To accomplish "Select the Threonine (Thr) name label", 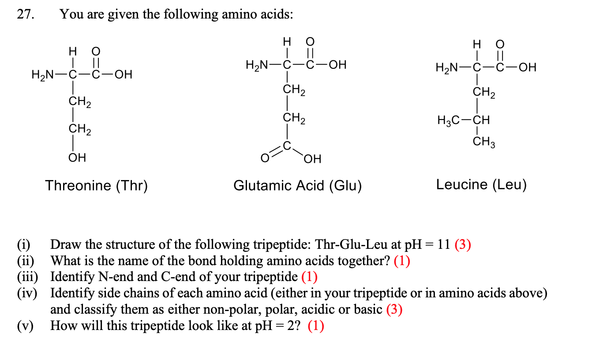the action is pos(96,185).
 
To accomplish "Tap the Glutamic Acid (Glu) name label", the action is pos(297,185).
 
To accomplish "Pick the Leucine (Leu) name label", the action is pos(481,184).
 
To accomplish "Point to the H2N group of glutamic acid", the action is pos(257,66).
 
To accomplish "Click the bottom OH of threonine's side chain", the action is pos(77,157).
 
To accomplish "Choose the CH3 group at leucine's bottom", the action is pos(483,142).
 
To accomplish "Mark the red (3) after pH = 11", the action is pos(463,244).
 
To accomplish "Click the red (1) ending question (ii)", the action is pos(402,261).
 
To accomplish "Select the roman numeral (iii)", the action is pos(28,277).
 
